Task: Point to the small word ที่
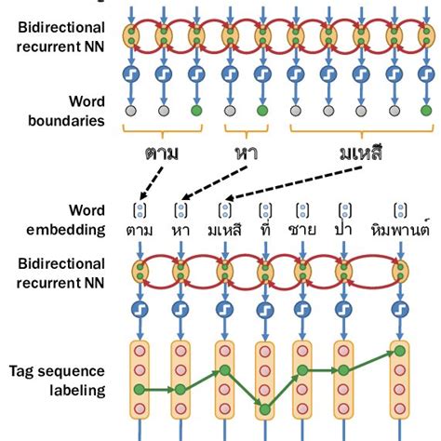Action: click(266, 229)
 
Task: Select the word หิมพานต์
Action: click(399, 229)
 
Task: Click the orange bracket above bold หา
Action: click(247, 129)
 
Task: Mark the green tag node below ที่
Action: click(266, 408)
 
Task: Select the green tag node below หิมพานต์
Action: click(400, 352)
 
